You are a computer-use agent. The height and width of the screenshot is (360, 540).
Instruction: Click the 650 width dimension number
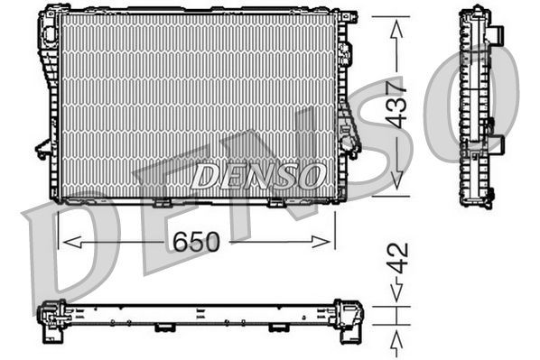point(195,242)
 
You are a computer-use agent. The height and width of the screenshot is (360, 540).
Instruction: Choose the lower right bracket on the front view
point(349,140)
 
